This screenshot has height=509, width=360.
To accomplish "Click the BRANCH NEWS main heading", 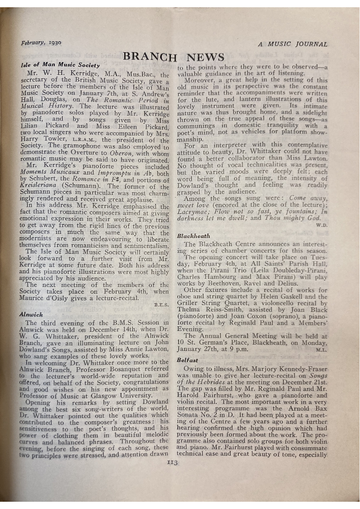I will [174, 57].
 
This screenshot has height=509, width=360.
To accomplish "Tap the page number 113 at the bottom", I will [172, 463].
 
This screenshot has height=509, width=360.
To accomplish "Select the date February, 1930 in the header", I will [41, 43].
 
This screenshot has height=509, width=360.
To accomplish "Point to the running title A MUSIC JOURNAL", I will [292, 44].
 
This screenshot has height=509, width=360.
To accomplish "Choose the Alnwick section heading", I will [31, 314].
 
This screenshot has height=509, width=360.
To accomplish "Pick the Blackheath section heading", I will [194, 236].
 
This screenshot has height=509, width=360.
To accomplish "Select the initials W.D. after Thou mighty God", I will [321, 224].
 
